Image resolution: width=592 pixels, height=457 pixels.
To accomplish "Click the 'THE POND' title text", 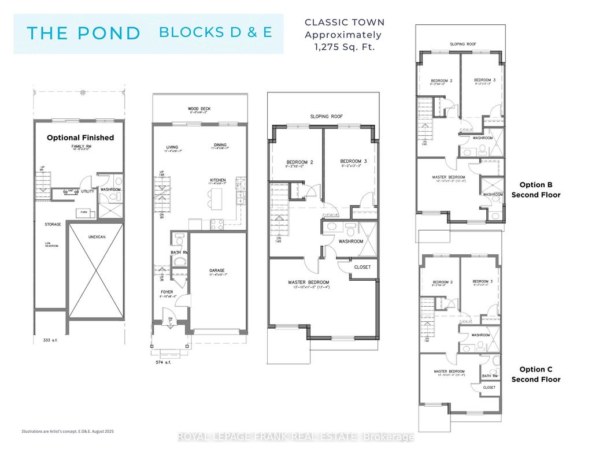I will point(84,33).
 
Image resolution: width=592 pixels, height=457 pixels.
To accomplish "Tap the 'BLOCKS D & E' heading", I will point(215,32).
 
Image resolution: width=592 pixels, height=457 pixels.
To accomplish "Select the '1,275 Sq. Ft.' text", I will point(345,47).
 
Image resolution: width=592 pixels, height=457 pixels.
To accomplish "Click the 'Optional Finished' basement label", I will point(80,138).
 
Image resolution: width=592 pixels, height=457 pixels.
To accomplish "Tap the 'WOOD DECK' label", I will point(198,109).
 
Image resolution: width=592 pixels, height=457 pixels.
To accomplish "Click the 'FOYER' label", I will point(167,292).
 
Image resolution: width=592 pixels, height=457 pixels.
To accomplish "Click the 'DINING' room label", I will point(219,145).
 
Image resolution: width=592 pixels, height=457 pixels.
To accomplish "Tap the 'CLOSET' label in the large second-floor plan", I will point(363,267).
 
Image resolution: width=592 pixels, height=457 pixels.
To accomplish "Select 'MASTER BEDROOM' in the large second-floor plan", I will point(312,282).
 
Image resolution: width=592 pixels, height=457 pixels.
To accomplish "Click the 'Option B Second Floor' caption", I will point(535,190).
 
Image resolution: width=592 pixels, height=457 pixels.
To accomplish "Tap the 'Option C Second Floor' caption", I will point(535,374).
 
